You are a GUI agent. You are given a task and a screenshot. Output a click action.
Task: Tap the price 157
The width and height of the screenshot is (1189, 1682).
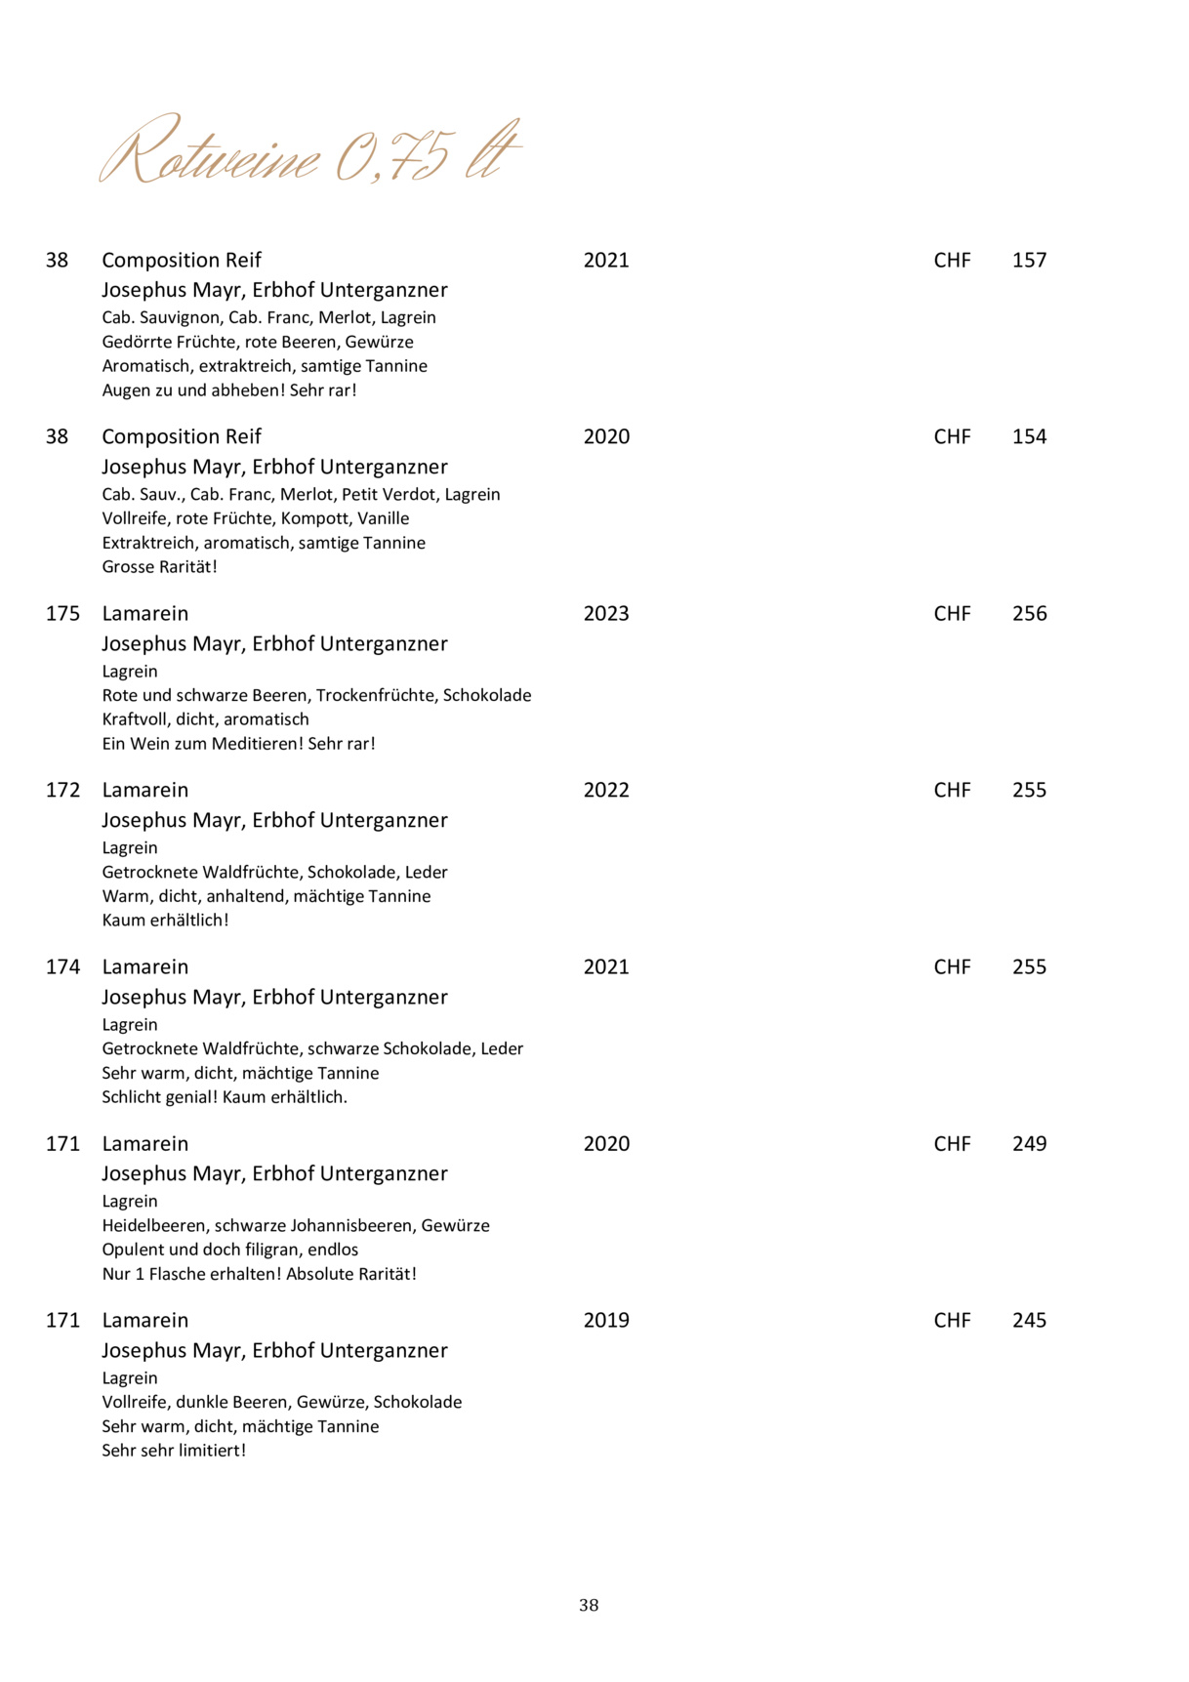(1029, 261)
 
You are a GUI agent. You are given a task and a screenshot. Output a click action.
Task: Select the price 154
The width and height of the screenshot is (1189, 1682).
(1029, 437)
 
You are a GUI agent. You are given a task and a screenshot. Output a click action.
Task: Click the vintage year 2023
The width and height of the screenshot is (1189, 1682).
(606, 614)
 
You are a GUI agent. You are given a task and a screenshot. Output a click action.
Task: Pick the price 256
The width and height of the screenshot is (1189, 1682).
(1029, 614)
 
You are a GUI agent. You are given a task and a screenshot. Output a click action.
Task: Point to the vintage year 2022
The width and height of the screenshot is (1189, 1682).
(606, 791)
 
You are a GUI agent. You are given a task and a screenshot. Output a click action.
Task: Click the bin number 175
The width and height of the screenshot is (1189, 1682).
(62, 614)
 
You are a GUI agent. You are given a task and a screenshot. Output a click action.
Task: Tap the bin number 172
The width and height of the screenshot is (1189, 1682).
(62, 791)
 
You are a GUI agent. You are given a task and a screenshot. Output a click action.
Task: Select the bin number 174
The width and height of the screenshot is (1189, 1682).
(62, 967)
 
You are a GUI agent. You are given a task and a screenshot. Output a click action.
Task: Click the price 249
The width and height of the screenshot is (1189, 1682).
(1029, 1144)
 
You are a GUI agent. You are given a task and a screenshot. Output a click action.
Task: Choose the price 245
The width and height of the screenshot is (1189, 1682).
(1029, 1321)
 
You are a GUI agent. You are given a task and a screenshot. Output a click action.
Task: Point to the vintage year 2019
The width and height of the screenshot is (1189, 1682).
(606, 1321)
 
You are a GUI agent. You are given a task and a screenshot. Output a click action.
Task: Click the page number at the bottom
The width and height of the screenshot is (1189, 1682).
(589, 1606)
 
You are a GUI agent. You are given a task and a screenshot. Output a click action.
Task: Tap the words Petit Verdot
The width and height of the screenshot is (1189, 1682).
(389, 495)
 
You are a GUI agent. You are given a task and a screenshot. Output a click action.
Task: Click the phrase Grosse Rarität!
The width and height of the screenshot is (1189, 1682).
(159, 567)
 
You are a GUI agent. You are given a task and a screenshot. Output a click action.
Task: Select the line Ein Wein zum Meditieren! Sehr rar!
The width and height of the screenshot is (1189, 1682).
(238, 744)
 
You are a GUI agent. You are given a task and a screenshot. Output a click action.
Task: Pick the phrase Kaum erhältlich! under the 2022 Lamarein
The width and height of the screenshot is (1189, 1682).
(165, 921)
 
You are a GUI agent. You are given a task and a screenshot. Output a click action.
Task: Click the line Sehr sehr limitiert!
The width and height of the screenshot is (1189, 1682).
(174, 1451)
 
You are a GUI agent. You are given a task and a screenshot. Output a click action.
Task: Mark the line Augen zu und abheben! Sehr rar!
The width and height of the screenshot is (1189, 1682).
(229, 390)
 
